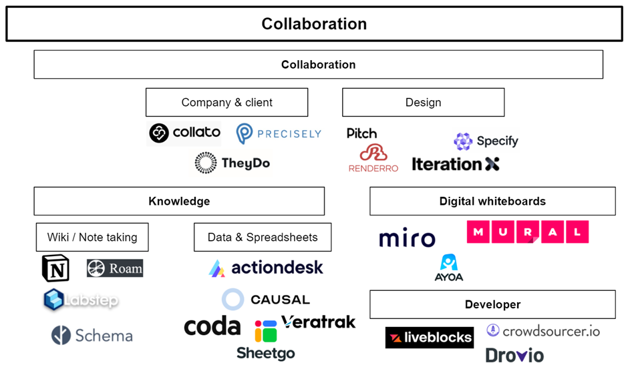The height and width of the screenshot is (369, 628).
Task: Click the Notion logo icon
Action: (x=55, y=268)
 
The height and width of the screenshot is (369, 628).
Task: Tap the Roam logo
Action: (x=115, y=268)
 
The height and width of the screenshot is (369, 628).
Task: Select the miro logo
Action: (x=407, y=238)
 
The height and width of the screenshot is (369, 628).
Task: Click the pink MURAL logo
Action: (x=527, y=232)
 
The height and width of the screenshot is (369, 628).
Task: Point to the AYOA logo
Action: (x=448, y=268)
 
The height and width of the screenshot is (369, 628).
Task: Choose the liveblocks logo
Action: (x=429, y=338)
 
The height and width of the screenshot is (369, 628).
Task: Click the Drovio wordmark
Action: (x=514, y=356)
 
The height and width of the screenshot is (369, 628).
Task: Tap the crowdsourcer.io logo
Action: (x=543, y=330)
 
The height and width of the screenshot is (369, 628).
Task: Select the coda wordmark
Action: (x=212, y=326)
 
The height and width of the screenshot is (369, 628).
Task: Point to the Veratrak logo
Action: (x=318, y=322)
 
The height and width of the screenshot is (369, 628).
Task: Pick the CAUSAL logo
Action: (x=266, y=300)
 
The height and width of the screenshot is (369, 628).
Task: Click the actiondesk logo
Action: (x=266, y=268)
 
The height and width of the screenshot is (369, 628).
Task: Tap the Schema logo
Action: (x=92, y=335)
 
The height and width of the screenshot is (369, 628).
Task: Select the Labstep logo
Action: (x=81, y=300)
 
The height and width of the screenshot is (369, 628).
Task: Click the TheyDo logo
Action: (x=232, y=163)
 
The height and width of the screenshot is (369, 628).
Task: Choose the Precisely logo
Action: (x=279, y=133)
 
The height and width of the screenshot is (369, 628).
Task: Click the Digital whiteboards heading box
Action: (x=492, y=201)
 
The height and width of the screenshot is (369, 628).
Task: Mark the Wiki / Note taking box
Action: (x=92, y=237)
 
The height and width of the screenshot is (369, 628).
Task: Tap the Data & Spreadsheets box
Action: (x=263, y=237)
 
